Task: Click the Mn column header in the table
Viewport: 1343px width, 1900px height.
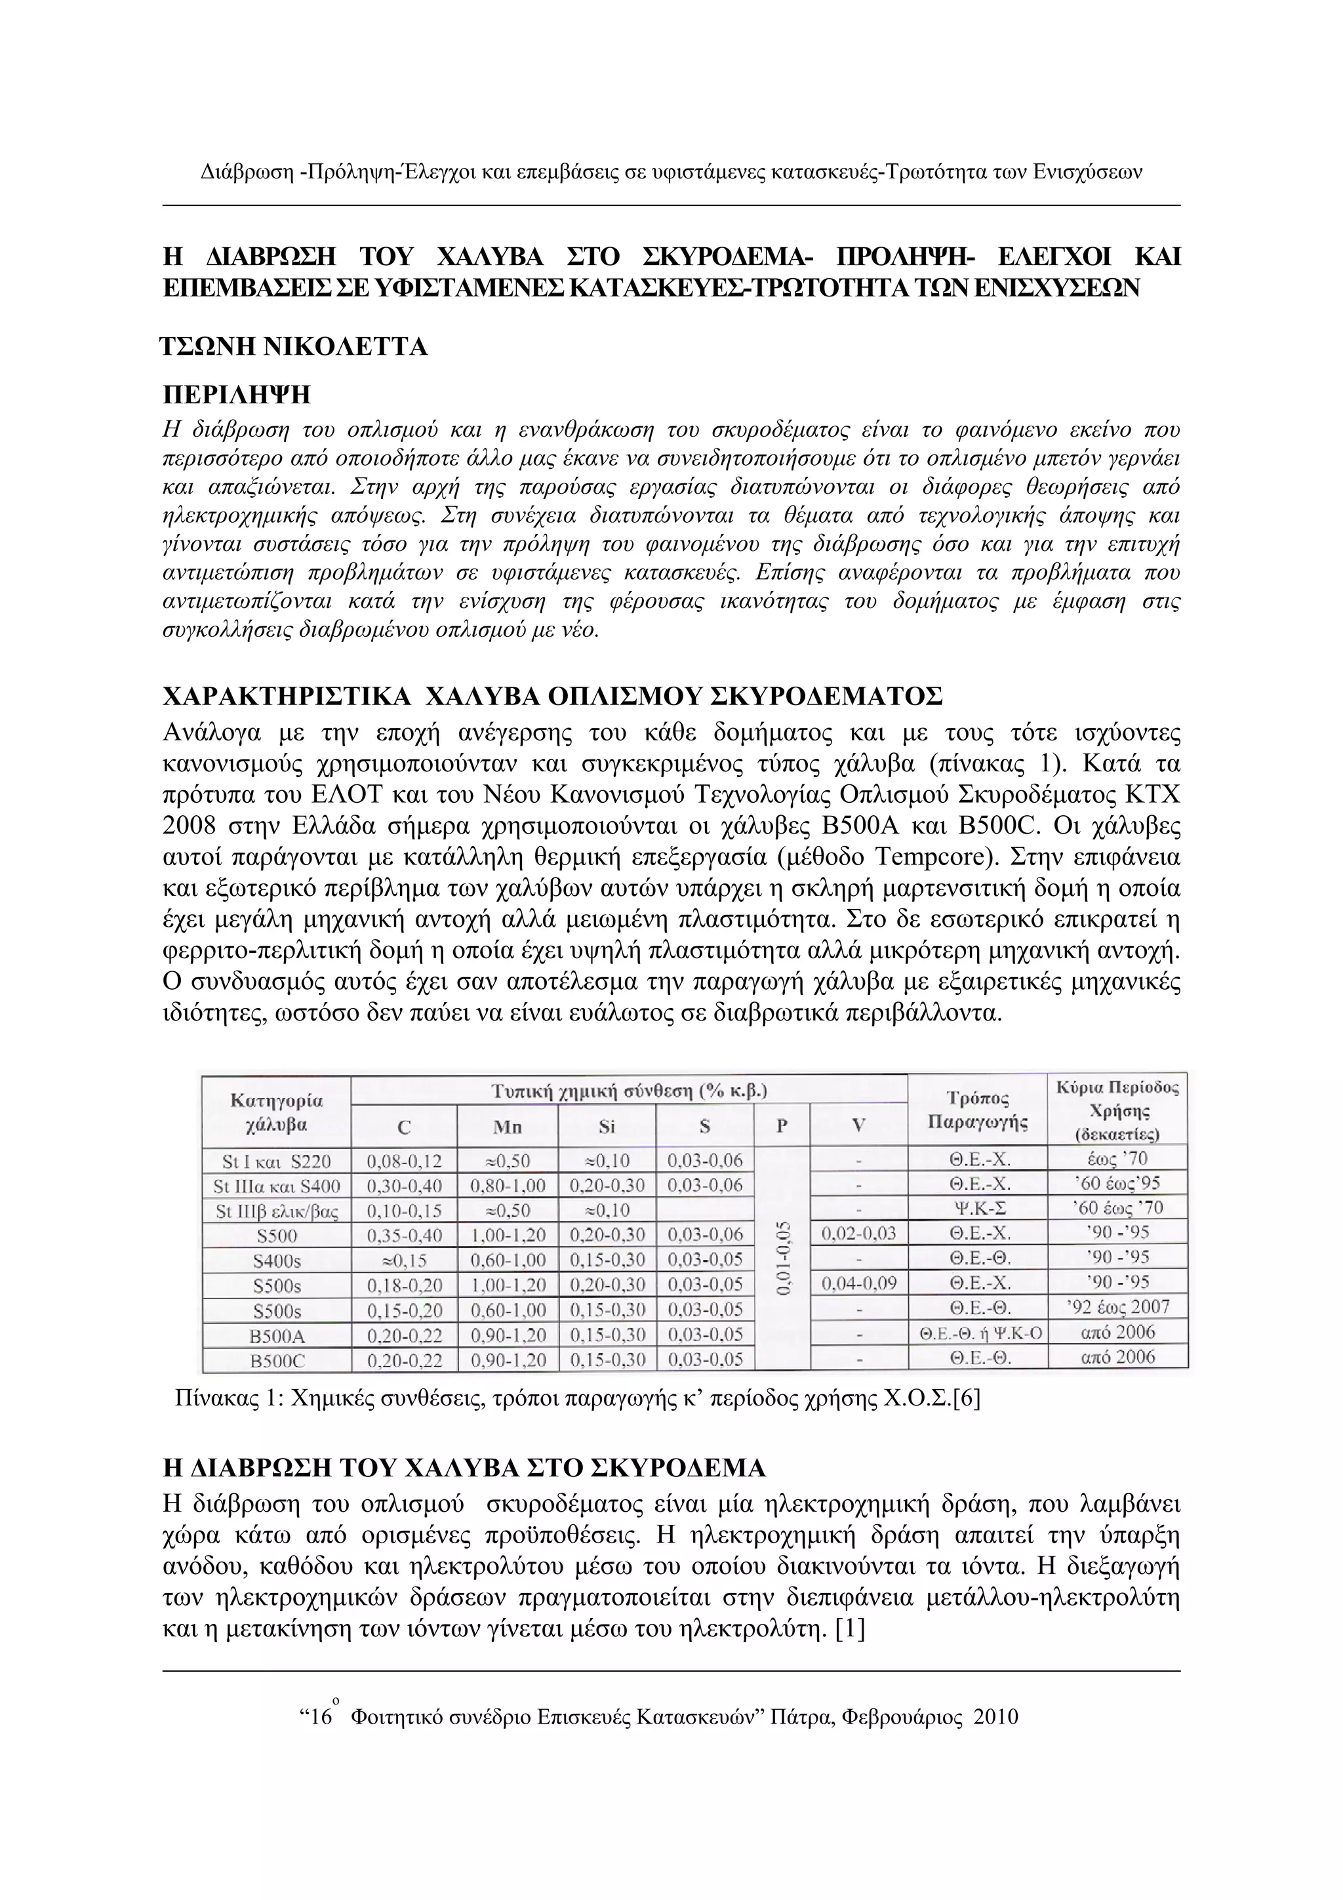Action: click(508, 1126)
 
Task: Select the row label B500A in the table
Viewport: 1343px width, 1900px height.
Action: click(277, 1334)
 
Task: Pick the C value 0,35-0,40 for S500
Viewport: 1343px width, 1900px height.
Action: click(404, 1236)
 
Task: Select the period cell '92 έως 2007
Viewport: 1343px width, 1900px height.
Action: click(1117, 1308)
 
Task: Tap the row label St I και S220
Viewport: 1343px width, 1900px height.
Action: click(277, 1161)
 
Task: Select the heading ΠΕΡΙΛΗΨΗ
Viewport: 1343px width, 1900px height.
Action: click(237, 394)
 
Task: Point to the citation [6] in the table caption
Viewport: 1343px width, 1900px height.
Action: click(966, 1400)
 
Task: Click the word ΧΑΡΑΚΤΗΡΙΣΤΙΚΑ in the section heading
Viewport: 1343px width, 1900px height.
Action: click(287, 696)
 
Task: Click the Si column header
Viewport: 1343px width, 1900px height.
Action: click(607, 1126)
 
